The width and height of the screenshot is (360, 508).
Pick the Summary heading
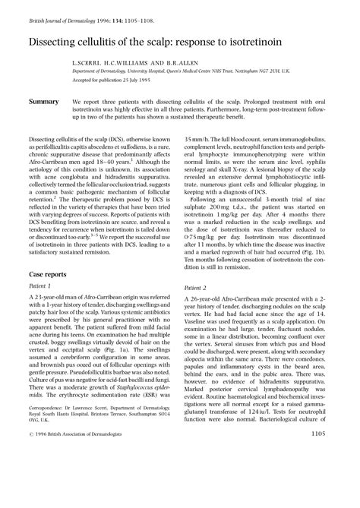[x=44, y=101]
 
